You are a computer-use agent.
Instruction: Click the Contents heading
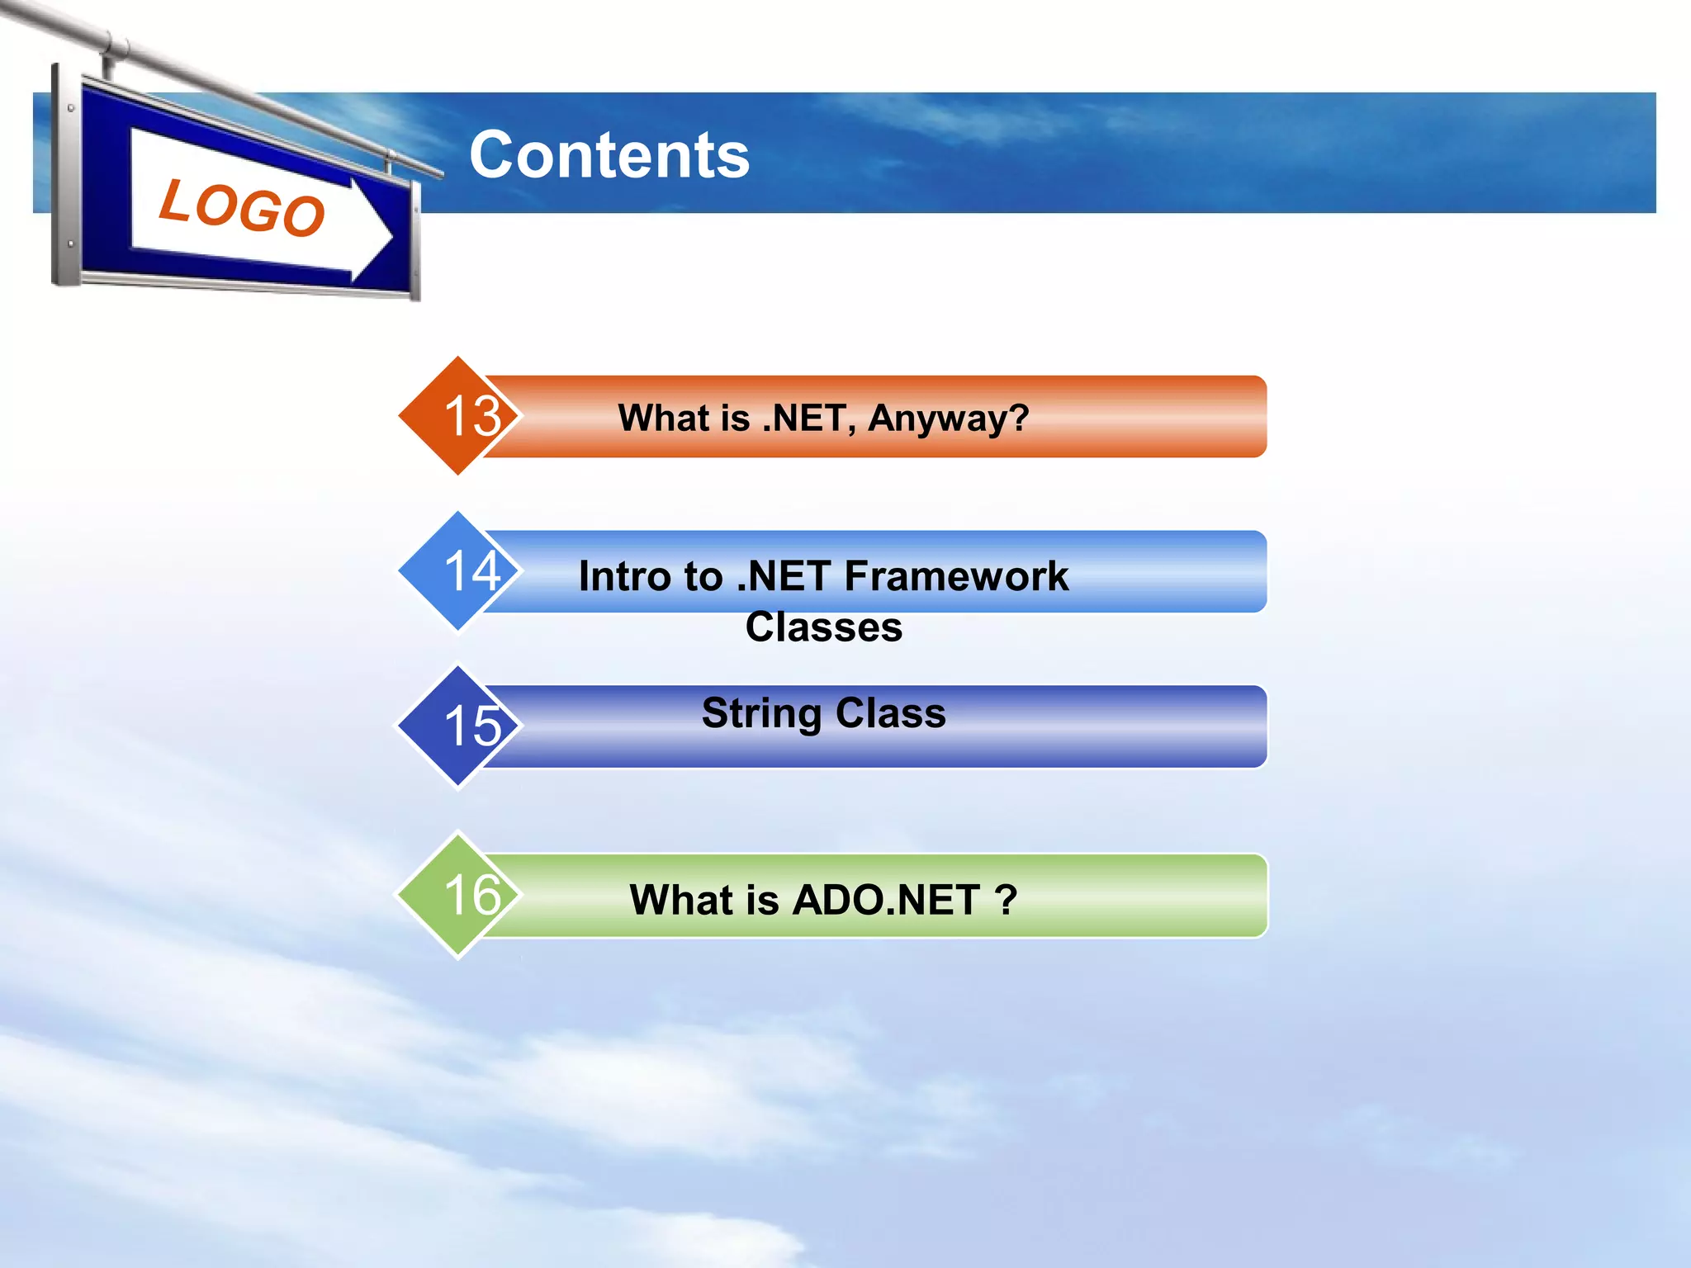coord(609,155)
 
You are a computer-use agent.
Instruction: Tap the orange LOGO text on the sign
coord(242,207)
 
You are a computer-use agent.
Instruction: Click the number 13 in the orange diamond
coord(472,416)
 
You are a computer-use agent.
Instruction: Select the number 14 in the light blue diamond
coord(472,570)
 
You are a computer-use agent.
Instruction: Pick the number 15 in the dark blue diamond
coord(472,726)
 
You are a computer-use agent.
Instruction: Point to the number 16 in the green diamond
coord(472,894)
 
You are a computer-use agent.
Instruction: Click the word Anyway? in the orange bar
coord(948,419)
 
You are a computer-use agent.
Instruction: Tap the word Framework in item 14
coord(956,575)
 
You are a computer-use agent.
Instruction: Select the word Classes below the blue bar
coord(823,627)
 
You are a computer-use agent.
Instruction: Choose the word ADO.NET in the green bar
coord(886,900)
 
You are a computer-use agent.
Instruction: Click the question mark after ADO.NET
coord(1006,900)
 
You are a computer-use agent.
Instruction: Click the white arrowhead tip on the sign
coord(388,237)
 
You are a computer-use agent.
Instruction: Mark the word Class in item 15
coord(890,713)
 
